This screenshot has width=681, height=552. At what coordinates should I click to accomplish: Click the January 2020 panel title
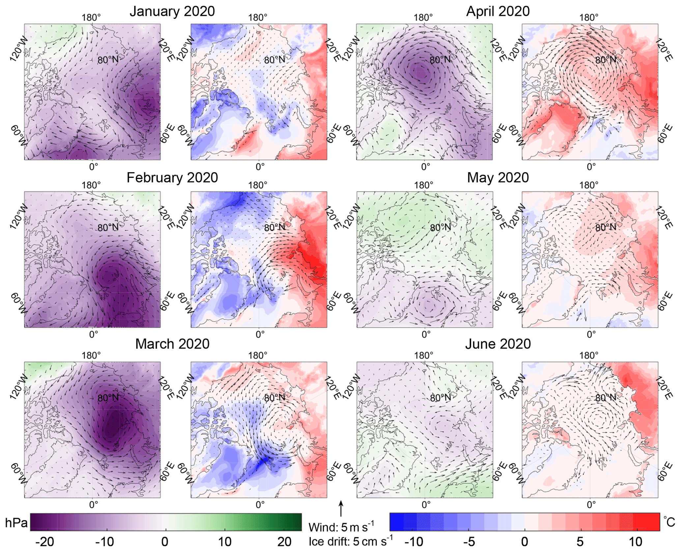coord(172,11)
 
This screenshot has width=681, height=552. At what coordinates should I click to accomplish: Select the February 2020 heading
coord(172,178)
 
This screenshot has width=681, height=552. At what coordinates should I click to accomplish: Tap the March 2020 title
coord(172,344)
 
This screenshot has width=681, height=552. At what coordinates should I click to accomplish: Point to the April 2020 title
coord(498,11)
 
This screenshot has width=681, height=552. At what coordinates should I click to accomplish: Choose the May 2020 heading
coord(498,178)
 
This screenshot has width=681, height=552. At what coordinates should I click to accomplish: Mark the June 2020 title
coord(498,344)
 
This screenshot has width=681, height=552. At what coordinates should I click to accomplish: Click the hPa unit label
coord(16,523)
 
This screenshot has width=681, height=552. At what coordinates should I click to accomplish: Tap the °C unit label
coord(669,522)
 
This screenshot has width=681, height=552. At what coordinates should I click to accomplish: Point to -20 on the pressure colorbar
coord(44,542)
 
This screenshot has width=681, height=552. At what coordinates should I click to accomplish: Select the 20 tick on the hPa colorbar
coord(284,542)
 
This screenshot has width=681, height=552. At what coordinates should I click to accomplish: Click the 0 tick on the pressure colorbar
coord(165,542)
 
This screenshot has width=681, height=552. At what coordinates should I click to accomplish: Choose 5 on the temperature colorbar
coord(580,542)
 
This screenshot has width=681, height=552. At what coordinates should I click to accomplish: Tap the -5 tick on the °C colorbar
coord(469,542)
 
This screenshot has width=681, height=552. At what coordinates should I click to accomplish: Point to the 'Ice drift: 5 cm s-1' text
coord(351,541)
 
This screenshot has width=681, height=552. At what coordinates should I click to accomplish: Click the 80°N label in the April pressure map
coord(440,60)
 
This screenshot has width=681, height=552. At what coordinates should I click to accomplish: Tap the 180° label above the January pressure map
coord(91,17)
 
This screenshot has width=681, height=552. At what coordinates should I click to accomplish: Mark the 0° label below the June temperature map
coord(591,505)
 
